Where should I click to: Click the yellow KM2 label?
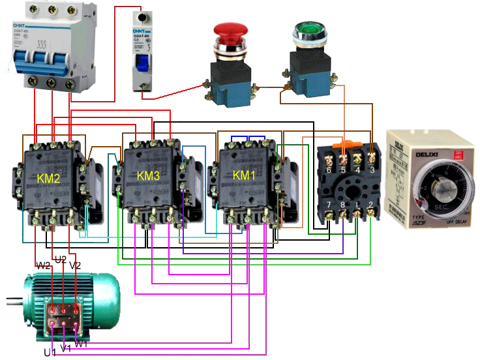49,177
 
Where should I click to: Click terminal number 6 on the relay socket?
328,170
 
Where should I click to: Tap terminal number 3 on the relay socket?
372,170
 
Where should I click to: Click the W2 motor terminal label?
43,265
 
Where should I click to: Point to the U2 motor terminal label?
60,260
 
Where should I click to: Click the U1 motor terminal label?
49,352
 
